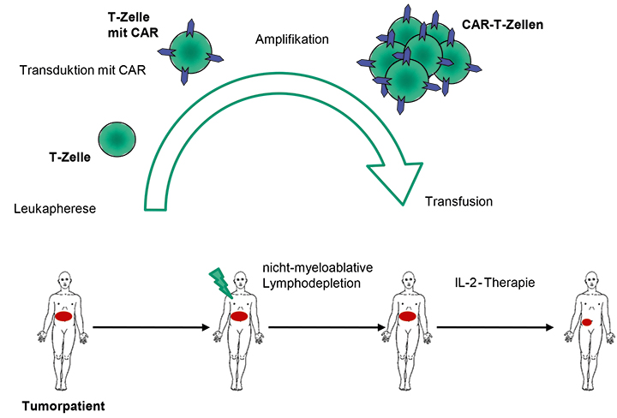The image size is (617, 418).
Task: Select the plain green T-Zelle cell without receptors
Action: [x=117, y=138]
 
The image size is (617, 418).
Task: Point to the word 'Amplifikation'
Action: [x=292, y=39]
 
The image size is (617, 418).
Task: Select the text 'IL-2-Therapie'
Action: [x=494, y=283]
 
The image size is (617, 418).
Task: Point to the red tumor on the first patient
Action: [x=64, y=316]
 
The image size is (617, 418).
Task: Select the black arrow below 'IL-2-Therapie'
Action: [x=494, y=326]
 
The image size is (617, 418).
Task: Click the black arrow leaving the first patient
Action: [x=150, y=326]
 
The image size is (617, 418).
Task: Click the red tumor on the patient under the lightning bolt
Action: [x=239, y=316]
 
